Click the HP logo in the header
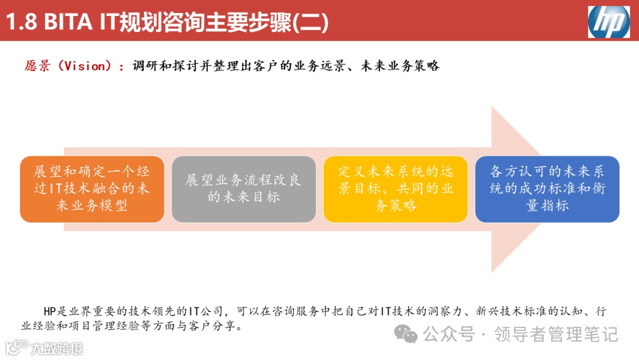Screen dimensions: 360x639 tap(608, 21)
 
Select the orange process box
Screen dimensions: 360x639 tap(92, 189)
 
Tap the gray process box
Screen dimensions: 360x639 tap(243, 189)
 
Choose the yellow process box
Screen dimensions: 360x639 tap(395, 189)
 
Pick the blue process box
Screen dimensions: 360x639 tap(547, 189)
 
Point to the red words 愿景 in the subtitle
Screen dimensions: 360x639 tap(37, 66)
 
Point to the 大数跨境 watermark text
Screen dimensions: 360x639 tap(57, 348)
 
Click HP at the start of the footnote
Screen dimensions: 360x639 tap(50, 311)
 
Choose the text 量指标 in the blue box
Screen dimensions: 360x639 tap(547, 206)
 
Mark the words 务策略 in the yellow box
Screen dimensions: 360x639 tap(395, 206)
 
